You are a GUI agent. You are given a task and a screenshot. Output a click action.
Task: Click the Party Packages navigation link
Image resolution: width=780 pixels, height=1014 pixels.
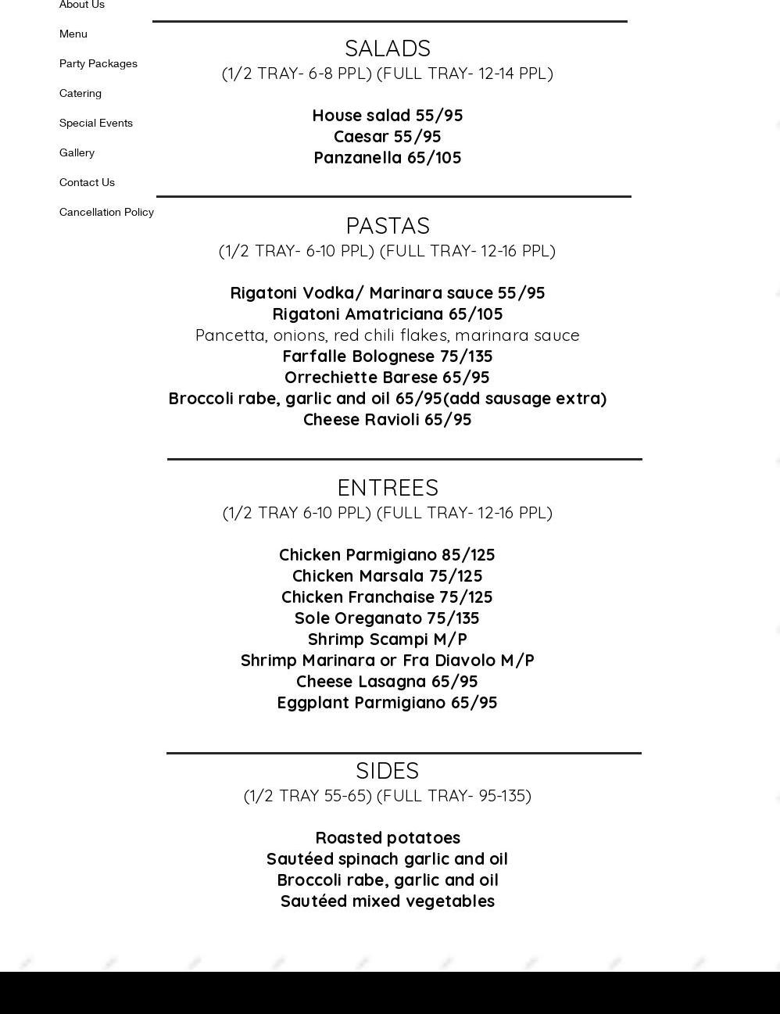pyautogui.click(x=98, y=63)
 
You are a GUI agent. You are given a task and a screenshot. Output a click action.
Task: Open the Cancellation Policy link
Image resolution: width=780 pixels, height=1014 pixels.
pyautogui.click(x=106, y=212)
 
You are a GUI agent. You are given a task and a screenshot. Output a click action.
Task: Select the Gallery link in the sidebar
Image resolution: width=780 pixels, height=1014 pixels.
pyautogui.click(x=77, y=152)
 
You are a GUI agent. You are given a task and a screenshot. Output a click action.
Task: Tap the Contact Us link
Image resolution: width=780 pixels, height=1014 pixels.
pyautogui.click(x=87, y=182)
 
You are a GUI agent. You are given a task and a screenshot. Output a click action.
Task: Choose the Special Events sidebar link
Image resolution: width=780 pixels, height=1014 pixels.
pyautogui.click(x=96, y=123)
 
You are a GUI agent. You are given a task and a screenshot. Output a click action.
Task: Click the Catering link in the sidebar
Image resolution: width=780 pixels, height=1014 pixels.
pyautogui.click(x=81, y=93)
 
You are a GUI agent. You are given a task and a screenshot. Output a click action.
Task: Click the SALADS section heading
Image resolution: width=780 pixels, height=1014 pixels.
pyautogui.click(x=388, y=48)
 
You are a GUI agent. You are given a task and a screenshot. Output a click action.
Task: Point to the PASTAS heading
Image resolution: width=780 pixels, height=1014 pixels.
pyautogui.click(x=388, y=226)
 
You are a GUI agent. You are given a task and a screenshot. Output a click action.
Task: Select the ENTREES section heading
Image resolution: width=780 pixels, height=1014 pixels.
pyautogui.click(x=388, y=488)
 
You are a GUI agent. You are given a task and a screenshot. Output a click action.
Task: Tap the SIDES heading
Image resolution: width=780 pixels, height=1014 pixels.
pyautogui.click(x=388, y=771)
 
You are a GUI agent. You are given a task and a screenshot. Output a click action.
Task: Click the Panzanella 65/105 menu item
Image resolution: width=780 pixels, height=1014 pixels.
pyautogui.click(x=388, y=158)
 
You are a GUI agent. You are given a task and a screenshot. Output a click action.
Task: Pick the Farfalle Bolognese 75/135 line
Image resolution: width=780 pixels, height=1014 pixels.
pyautogui.click(x=388, y=357)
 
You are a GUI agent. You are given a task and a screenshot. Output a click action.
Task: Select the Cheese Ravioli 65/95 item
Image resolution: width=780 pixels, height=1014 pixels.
pyautogui.click(x=388, y=420)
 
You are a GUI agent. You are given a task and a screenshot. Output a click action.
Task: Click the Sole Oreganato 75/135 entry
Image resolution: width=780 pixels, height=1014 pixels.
pyautogui.click(x=388, y=618)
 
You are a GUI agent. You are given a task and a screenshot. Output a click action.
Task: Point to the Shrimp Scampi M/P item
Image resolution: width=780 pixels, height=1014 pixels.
pyautogui.click(x=388, y=640)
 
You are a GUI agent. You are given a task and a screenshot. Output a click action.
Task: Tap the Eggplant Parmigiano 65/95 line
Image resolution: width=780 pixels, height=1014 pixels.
pyautogui.click(x=388, y=703)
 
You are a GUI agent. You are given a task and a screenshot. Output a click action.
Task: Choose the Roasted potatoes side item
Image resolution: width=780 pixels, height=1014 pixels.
pyautogui.click(x=388, y=838)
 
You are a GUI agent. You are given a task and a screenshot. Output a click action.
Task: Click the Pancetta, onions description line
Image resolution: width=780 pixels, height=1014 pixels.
pyautogui.click(x=388, y=335)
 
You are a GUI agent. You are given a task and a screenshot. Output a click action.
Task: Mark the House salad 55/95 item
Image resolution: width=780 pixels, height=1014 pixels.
pyautogui.click(x=388, y=116)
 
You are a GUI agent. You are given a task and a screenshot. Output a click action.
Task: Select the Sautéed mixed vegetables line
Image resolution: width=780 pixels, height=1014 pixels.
pyautogui.click(x=388, y=901)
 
